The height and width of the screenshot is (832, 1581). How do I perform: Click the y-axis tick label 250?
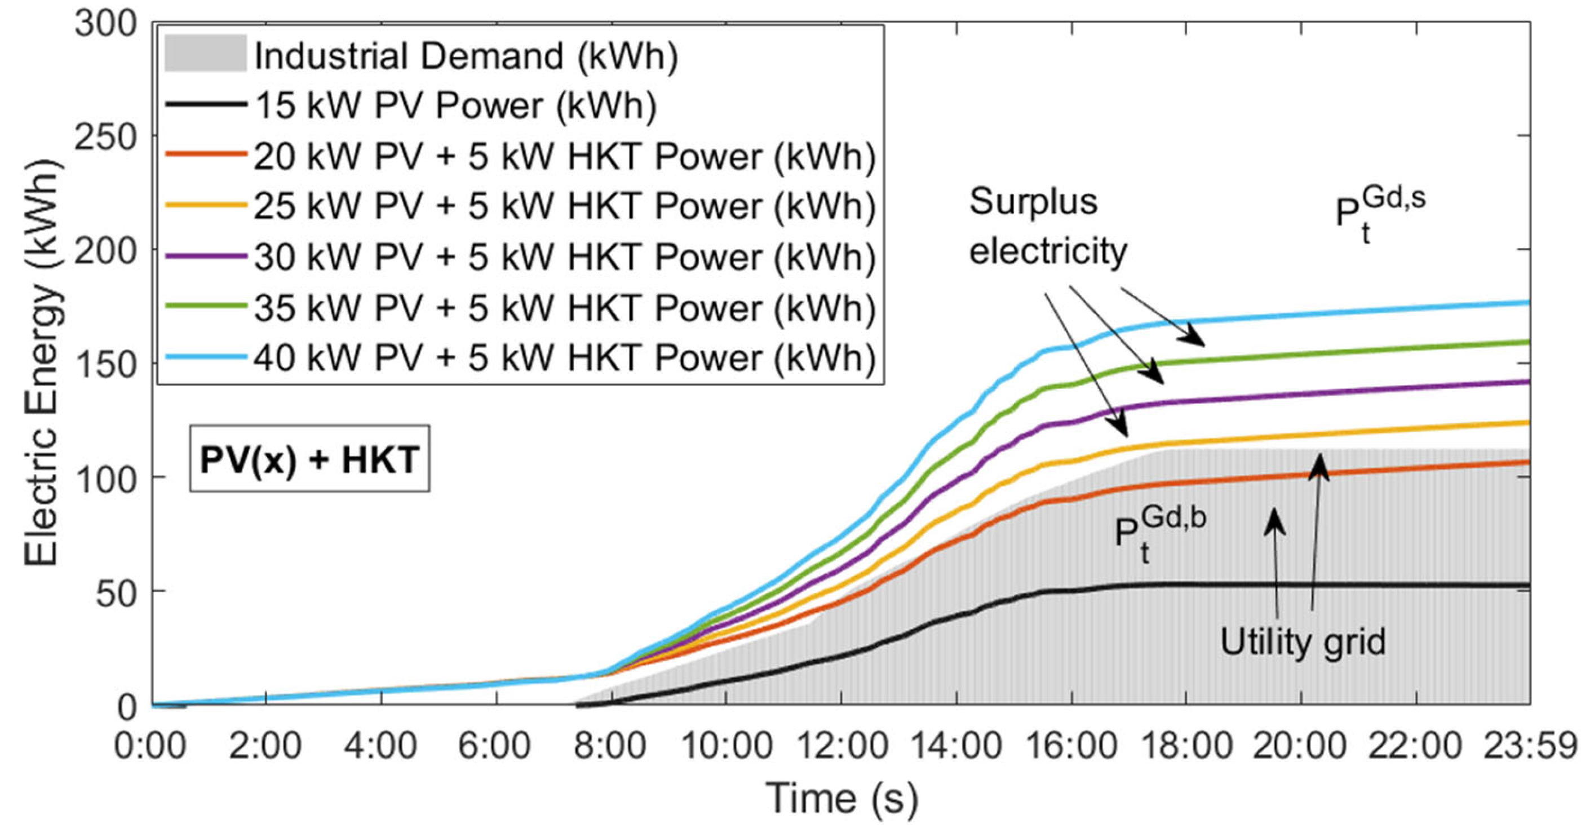[x=104, y=138]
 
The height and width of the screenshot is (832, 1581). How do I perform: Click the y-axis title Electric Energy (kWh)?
[x=43, y=362]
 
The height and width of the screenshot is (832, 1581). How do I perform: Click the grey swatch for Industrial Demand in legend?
[x=205, y=54]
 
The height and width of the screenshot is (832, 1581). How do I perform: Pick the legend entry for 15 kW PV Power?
[x=455, y=105]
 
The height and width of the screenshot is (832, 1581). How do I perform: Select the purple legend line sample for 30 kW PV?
[x=205, y=256]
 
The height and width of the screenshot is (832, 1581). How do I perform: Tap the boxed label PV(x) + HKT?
[x=309, y=459]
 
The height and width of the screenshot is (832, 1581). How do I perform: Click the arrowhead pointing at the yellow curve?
[x=1121, y=428]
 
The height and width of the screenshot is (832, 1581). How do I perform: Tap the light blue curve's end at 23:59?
[x=1527, y=302]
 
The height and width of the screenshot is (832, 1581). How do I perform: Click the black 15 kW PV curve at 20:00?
[x=1301, y=585]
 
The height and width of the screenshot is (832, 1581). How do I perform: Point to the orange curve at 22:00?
[x=1415, y=484]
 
